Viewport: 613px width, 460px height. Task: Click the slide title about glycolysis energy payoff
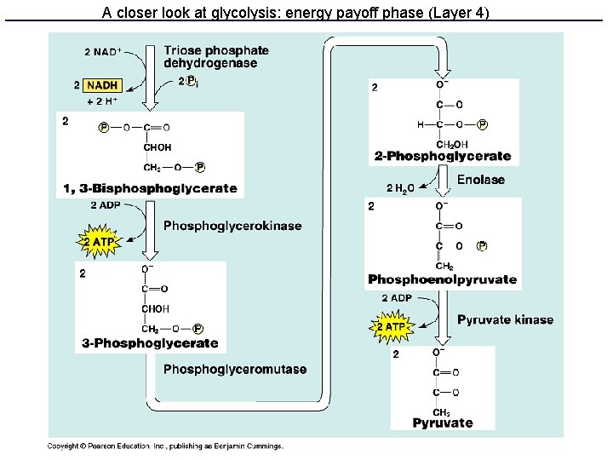point(296,13)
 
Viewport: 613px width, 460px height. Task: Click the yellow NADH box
point(103,85)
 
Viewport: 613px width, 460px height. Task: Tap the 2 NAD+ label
point(101,52)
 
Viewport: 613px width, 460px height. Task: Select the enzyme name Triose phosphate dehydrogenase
point(215,57)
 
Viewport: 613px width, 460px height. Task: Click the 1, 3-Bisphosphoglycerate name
point(150,188)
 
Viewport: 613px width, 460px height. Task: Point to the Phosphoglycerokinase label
point(232,226)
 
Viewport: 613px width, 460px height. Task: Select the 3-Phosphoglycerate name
point(150,343)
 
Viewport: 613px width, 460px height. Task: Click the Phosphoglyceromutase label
point(234,369)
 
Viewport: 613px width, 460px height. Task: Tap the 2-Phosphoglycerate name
point(443,156)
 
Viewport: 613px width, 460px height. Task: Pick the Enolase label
point(480,180)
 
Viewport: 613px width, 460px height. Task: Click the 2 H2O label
point(400,188)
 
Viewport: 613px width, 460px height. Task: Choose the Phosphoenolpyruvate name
point(442,279)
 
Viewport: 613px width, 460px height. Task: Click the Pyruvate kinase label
point(505,319)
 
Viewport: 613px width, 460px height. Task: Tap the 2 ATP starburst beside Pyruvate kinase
point(390,326)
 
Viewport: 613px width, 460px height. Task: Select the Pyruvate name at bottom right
point(443,423)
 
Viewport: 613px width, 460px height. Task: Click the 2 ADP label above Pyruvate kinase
point(397,298)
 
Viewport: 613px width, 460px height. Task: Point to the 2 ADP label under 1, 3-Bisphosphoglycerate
point(105,205)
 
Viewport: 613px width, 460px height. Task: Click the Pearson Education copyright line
point(165,446)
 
